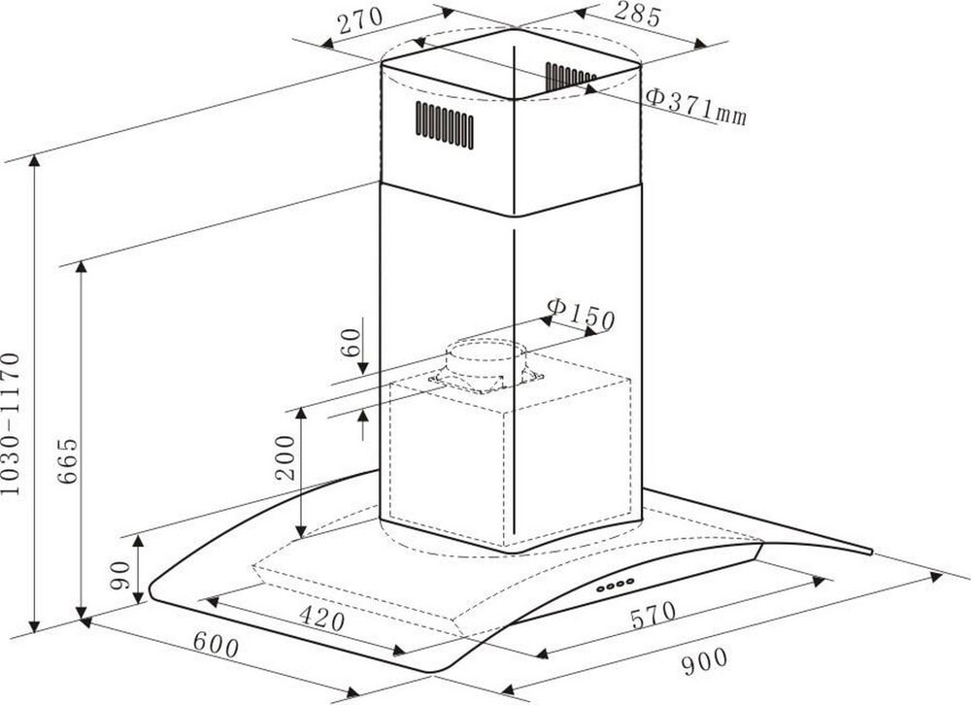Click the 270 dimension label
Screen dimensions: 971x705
(x=360, y=21)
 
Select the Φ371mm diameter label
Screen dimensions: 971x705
(x=695, y=105)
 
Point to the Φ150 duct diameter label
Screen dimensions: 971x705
(x=581, y=314)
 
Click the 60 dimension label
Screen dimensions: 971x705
(x=351, y=342)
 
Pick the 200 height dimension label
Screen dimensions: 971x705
(x=285, y=457)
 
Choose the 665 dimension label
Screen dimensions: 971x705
(x=67, y=460)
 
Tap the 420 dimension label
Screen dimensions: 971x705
(x=321, y=618)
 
